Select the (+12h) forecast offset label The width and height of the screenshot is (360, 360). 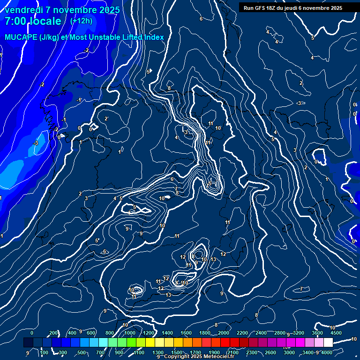[81, 21]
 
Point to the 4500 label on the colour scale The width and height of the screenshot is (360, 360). [336, 333]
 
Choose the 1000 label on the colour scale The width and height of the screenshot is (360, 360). [129, 333]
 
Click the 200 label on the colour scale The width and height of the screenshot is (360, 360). [53, 333]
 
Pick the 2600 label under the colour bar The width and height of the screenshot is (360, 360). [271, 352]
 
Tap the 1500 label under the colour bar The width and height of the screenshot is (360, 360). [177, 352]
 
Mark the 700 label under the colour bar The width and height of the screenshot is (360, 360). [100, 352]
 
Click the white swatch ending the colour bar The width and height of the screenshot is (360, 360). [328, 343]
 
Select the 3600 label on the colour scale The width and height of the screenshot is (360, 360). [317, 333]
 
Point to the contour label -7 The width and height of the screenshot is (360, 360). [301, 289]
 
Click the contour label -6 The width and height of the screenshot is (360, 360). [104, 252]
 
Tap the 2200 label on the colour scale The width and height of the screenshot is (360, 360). [242, 333]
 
